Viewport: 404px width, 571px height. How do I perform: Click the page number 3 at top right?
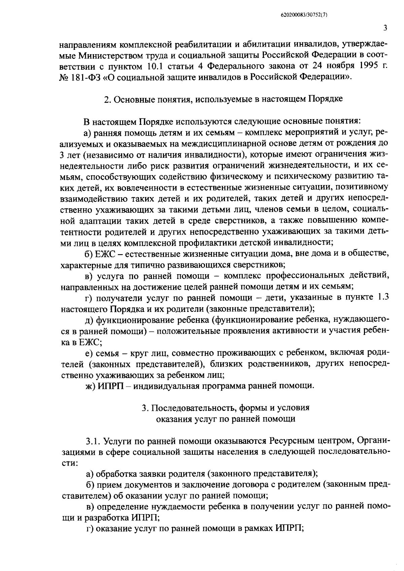[385, 28]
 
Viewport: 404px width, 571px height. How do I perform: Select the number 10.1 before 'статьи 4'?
[157, 65]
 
